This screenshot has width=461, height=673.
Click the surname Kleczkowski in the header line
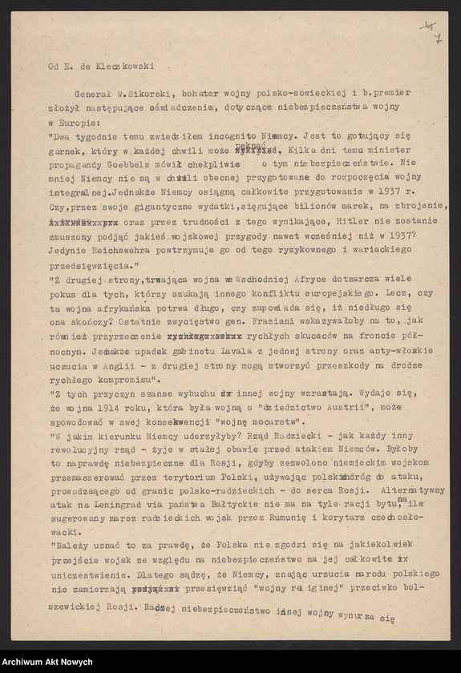(125, 66)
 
